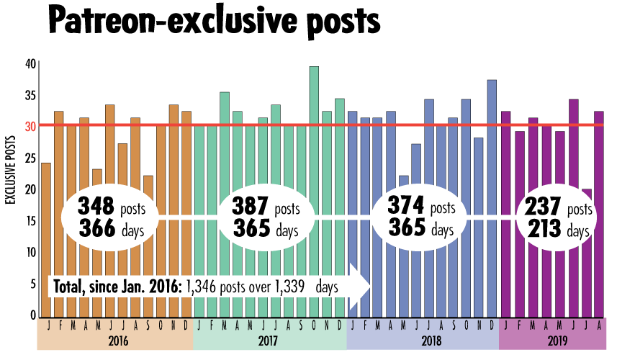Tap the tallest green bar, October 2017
pos(314,144)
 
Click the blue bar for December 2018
pos(492,144)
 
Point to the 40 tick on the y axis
pos(30,63)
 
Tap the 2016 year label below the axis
pos(115,340)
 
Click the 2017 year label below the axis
pos(269,340)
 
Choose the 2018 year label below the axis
pos(422,340)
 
